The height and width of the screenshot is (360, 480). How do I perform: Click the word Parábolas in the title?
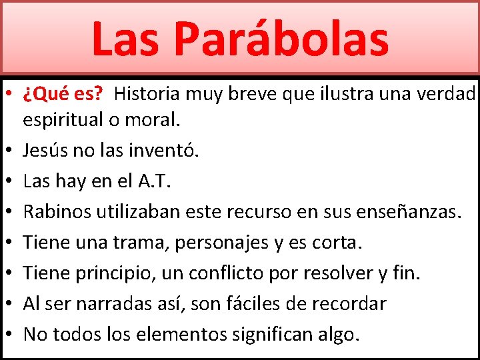pos(281,39)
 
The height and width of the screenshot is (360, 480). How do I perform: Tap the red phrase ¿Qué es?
pos(63,93)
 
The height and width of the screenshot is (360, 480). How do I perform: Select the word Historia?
pos(147,93)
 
